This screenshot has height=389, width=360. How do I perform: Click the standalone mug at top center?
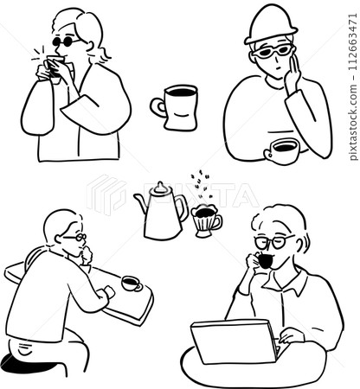[178, 107]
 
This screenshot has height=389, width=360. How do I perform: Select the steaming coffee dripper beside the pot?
[206, 220]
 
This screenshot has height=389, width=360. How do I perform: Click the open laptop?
[233, 341]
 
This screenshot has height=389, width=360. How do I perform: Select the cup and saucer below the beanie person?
[281, 151]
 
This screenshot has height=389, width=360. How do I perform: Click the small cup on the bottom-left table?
[131, 283]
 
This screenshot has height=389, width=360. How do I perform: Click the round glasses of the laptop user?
[270, 241]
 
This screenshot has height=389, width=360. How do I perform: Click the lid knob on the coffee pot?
[161, 186]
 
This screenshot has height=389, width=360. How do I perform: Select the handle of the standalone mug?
[158, 108]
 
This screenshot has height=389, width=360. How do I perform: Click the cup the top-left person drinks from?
[54, 67]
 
